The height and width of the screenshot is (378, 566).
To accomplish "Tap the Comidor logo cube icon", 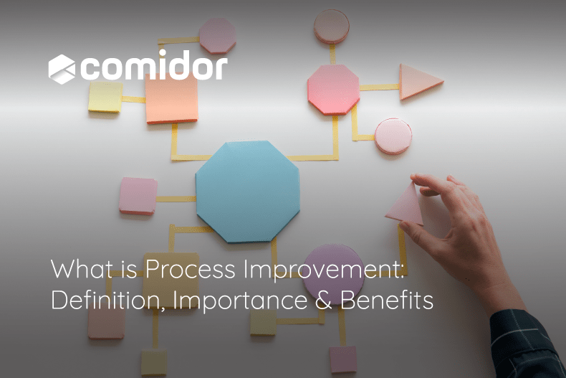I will pyautogui.click(x=62, y=69).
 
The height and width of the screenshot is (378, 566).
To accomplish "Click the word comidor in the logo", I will pyautogui.click(x=155, y=69).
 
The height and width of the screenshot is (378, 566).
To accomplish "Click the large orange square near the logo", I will pyautogui.click(x=172, y=99).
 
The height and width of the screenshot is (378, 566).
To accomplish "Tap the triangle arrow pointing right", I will pyautogui.click(x=418, y=82).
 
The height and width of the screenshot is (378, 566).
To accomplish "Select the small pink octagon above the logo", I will pyautogui.click(x=217, y=35).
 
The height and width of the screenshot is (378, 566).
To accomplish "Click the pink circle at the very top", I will pyautogui.click(x=332, y=26).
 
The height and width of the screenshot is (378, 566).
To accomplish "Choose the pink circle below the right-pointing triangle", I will pyautogui.click(x=393, y=136).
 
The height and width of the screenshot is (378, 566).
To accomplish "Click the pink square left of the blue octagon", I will pyautogui.click(x=138, y=196).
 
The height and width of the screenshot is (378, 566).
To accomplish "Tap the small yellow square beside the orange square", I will pyautogui.click(x=105, y=97).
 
